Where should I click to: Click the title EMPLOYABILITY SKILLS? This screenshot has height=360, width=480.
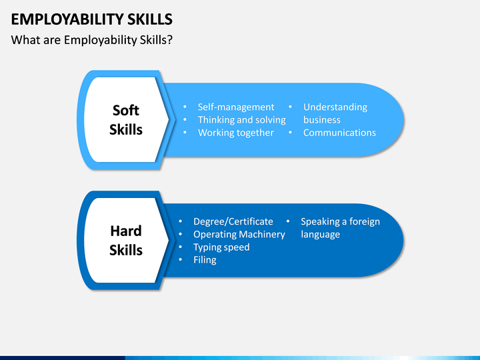(x=92, y=19)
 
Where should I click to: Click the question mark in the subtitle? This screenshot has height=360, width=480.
(x=170, y=40)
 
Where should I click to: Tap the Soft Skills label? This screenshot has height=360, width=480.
(x=126, y=120)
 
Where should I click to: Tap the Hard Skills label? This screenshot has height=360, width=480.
(x=126, y=241)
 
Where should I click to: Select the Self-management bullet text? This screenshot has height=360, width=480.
(x=236, y=107)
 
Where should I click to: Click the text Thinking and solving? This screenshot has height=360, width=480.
(x=242, y=120)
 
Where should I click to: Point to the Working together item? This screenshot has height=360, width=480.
(x=236, y=133)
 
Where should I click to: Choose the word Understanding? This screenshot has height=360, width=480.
(x=335, y=107)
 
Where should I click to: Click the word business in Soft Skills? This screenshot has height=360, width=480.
(x=322, y=120)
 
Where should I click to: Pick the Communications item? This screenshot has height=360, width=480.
(x=339, y=133)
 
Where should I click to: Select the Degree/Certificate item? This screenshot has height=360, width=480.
(x=233, y=221)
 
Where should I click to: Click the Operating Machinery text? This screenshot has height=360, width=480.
(x=239, y=235)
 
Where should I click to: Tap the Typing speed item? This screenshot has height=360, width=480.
(x=221, y=247)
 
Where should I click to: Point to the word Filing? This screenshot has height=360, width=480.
(x=205, y=260)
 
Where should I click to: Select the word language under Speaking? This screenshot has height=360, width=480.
(x=320, y=235)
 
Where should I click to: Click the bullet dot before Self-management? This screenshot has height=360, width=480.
(x=185, y=107)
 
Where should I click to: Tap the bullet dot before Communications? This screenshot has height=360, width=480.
(x=290, y=133)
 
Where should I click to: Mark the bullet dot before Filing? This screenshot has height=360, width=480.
(x=181, y=259)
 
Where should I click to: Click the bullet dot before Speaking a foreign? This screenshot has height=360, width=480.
(x=288, y=221)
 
